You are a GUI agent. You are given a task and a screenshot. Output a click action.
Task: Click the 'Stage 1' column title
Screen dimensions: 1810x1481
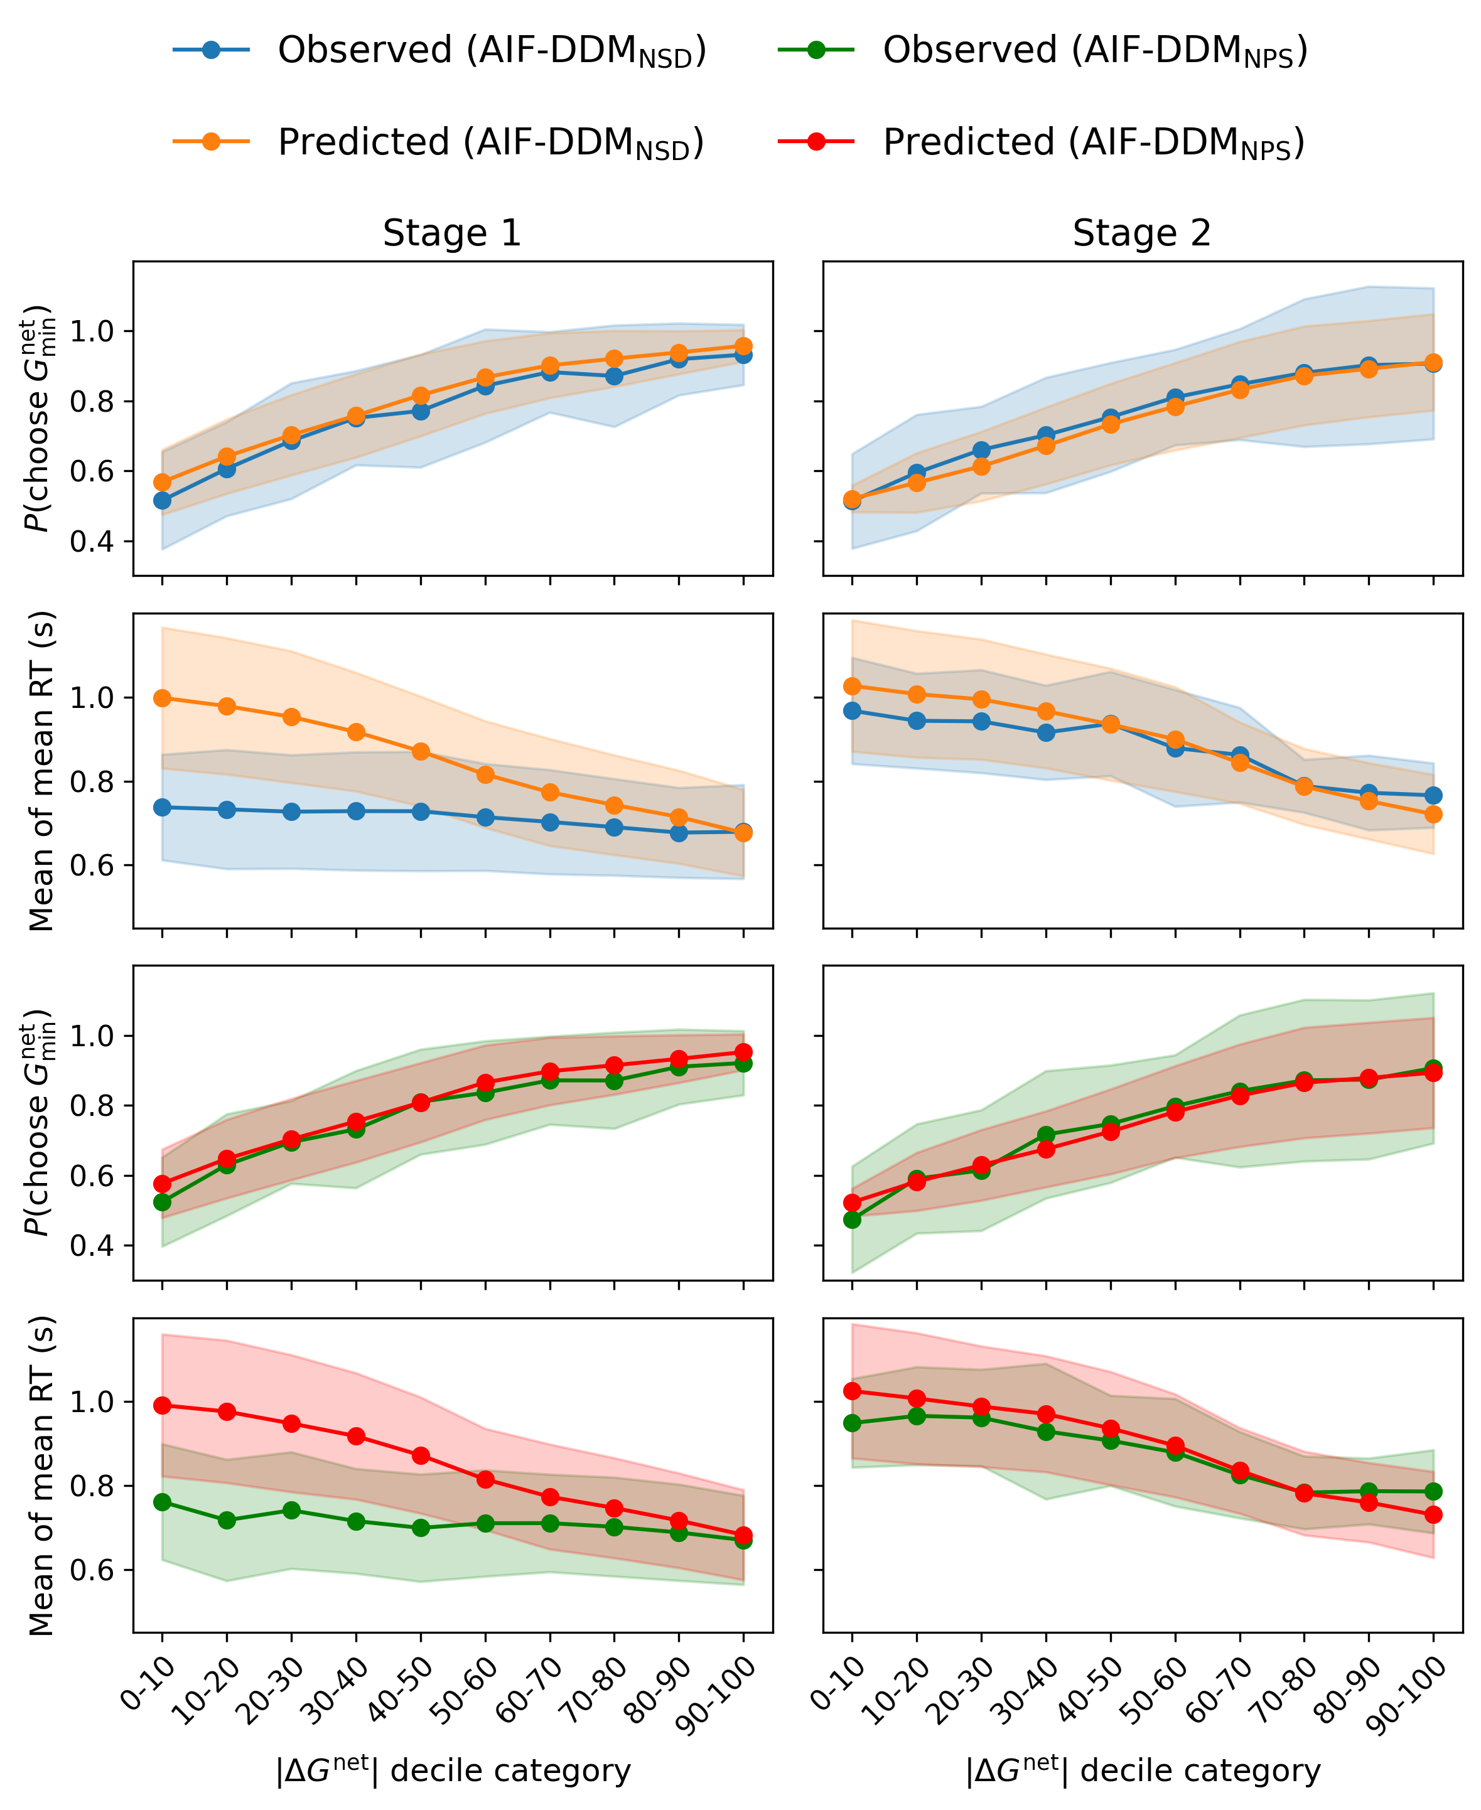point(451,233)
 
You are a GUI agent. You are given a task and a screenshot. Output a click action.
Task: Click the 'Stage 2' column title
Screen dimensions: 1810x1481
point(1141,233)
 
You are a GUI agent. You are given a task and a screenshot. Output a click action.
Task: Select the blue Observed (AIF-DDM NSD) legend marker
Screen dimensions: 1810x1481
point(211,50)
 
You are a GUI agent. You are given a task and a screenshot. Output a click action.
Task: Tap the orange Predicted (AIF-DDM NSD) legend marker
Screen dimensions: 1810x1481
point(211,142)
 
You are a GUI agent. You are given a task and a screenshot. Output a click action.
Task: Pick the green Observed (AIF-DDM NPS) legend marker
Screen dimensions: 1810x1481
point(816,50)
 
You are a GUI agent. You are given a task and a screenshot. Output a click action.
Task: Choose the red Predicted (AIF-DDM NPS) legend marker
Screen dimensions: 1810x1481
point(816,142)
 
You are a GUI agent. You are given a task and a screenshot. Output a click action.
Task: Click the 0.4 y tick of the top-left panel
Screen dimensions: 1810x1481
point(93,542)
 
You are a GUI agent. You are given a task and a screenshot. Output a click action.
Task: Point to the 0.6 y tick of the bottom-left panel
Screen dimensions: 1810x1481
point(93,1570)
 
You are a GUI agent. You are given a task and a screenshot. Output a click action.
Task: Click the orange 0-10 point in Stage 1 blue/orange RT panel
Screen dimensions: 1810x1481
point(162,699)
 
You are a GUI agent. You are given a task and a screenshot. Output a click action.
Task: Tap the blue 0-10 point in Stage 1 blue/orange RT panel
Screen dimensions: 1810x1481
point(162,807)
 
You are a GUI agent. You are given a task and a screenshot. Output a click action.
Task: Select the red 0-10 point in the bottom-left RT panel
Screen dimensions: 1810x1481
point(162,1405)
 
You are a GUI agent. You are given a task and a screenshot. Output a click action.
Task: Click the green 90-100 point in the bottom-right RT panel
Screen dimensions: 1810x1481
point(1433,1491)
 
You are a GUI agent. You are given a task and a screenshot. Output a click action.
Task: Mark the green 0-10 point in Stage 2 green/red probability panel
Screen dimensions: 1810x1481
point(851,1220)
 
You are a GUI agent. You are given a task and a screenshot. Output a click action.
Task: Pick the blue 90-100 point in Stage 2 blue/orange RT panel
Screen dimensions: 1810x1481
point(1433,795)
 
